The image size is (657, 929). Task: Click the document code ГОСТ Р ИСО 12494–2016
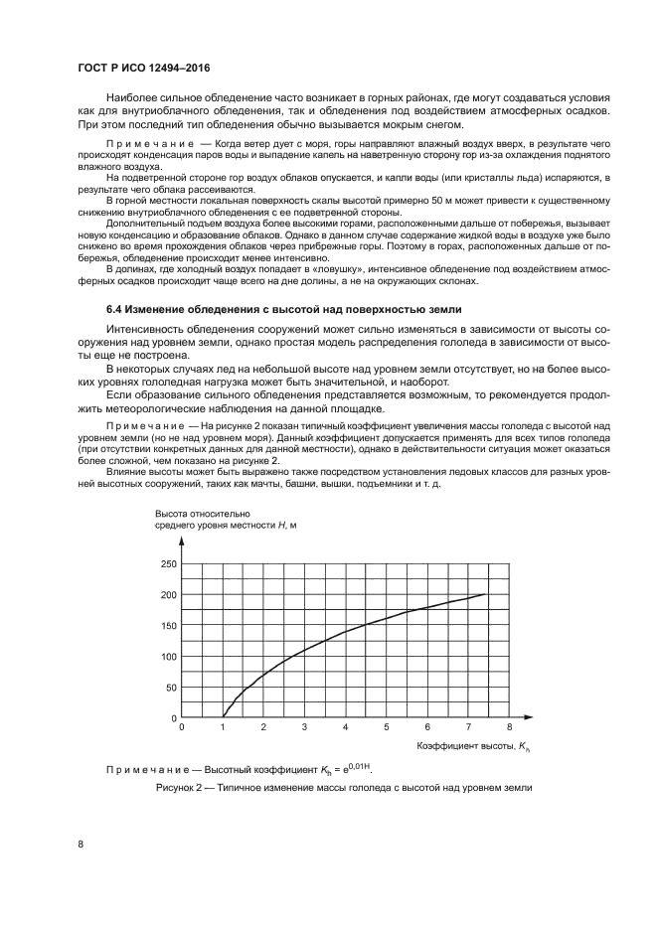click(x=143, y=69)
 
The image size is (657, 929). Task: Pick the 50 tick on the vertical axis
click(x=170, y=687)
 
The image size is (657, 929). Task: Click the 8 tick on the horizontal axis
click(x=509, y=728)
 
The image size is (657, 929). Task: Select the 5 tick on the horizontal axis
click(x=386, y=728)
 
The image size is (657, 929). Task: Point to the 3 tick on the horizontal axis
click(x=304, y=728)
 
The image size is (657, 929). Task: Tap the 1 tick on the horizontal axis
click(x=223, y=728)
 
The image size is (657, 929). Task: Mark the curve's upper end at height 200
click(x=484, y=594)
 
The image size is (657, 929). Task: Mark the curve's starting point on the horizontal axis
click(x=223, y=716)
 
